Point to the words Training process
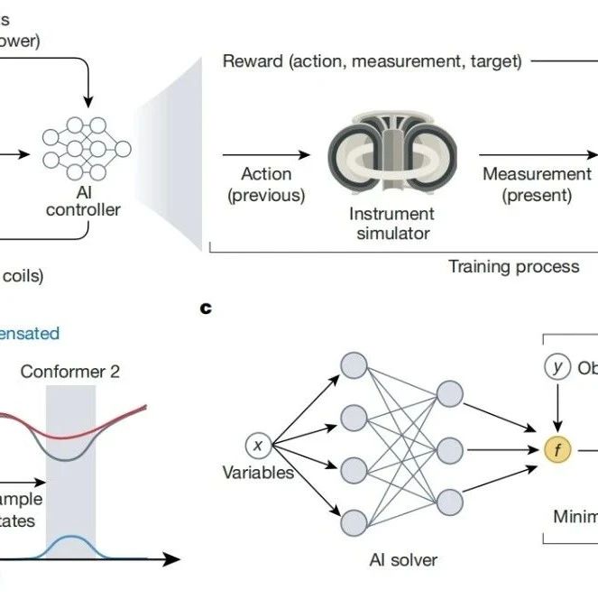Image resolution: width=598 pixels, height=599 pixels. point(514,266)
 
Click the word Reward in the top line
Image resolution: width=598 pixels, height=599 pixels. point(252,61)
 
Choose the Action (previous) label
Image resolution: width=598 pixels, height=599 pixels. point(266,184)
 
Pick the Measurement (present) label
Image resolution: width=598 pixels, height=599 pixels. point(537,184)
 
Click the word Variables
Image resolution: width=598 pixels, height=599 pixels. point(259,472)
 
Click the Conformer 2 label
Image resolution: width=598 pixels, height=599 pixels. point(69,371)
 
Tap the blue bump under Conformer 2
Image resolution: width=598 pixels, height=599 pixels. point(69,547)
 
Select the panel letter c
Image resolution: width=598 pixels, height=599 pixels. point(207,309)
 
